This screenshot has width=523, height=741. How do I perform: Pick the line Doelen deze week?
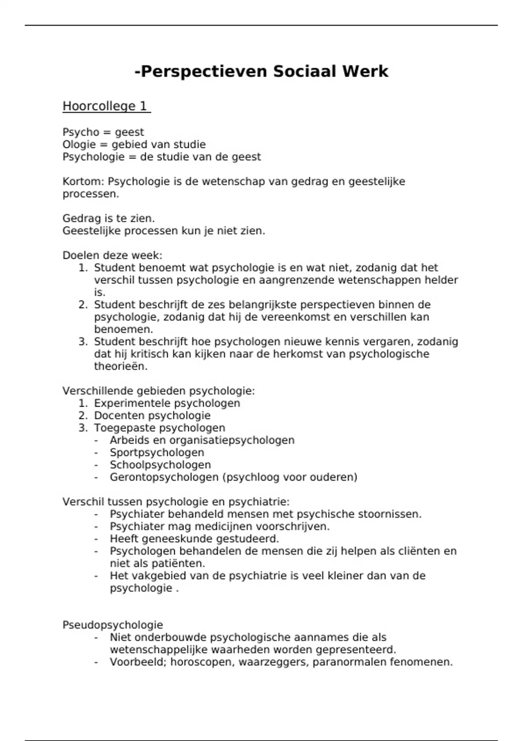(x=112, y=255)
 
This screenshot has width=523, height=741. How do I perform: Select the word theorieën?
(x=121, y=366)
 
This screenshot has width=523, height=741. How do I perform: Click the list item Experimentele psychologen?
(x=167, y=403)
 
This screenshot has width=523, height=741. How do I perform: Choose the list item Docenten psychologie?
(x=152, y=415)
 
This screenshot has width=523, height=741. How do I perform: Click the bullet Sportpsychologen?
(x=157, y=452)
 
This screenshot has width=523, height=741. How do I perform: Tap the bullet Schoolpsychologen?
(x=160, y=465)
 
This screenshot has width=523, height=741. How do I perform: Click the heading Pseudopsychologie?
(x=112, y=625)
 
